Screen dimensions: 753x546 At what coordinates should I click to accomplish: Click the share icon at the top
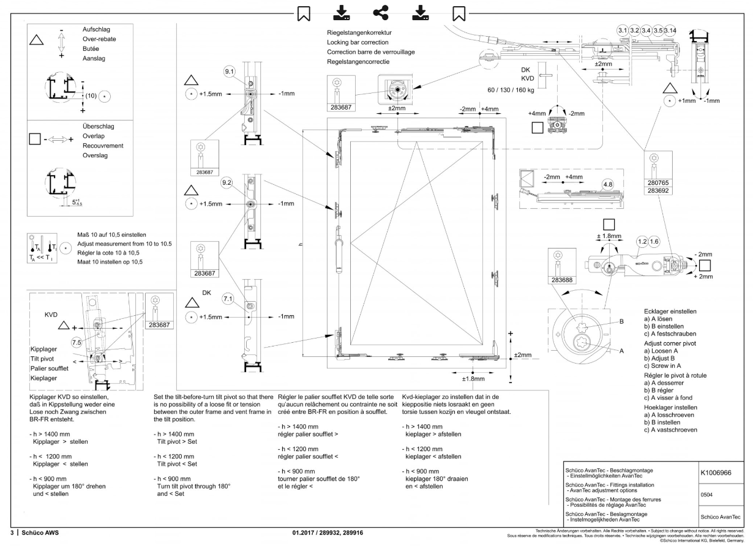381,13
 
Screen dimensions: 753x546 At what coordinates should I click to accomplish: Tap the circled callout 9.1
229,71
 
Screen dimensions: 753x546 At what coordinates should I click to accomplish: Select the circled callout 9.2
227,182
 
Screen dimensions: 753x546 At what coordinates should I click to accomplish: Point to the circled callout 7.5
77,343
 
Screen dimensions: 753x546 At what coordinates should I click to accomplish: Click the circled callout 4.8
608,185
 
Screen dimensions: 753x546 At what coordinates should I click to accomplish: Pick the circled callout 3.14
670,31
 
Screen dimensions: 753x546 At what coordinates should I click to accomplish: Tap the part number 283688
562,280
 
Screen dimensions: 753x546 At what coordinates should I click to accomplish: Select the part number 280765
658,183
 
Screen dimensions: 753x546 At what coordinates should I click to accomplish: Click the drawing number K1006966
716,473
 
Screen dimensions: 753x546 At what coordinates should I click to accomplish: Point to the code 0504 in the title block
706,495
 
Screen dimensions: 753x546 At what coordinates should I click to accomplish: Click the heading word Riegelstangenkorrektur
359,32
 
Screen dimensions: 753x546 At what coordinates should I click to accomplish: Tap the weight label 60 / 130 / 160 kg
511,90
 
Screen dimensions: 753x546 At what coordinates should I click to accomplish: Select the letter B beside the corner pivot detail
621,321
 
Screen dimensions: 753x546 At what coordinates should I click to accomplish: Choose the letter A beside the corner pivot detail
621,351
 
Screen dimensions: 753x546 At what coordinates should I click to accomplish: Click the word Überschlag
99,127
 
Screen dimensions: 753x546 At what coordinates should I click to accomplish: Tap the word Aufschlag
97,29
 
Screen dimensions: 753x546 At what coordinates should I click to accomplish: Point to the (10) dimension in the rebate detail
91,96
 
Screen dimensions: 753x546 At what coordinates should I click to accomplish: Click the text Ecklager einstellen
670,312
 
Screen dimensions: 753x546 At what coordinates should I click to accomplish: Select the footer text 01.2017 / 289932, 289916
328,533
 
